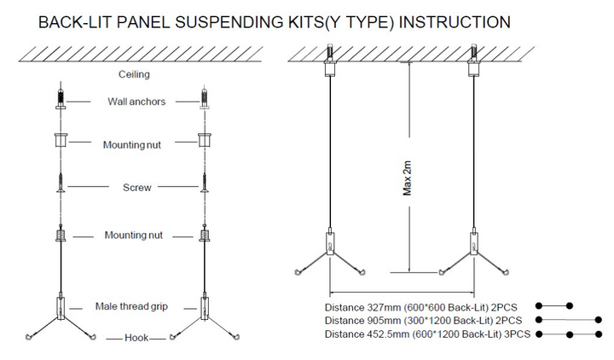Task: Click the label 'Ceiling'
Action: (x=134, y=74)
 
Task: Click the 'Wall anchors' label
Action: (x=136, y=102)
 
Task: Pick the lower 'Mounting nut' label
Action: (x=134, y=235)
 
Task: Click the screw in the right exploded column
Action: (x=204, y=185)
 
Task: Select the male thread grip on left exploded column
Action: (x=61, y=306)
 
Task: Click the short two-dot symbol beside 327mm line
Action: (x=553, y=305)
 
